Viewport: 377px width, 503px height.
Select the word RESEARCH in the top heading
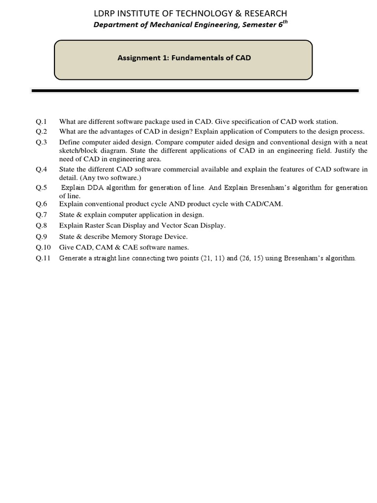tap(263, 13)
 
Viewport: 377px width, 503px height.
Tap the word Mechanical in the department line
tap(170, 26)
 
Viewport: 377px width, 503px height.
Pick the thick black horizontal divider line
tap(195, 90)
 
